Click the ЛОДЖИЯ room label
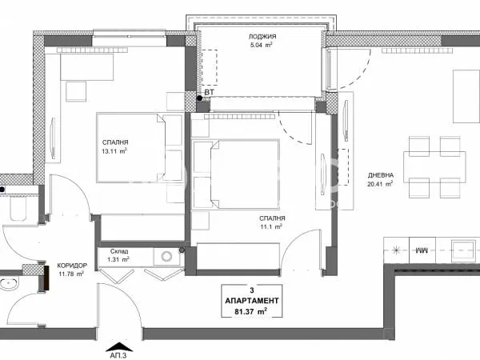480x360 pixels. [258, 37]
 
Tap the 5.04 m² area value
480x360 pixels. [258, 46]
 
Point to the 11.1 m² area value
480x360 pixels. [273, 228]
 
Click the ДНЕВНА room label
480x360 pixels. [379, 175]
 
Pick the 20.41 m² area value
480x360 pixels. [379, 185]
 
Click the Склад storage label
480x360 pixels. [118, 250]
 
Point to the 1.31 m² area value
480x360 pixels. [118, 260]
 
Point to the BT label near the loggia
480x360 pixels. [210, 93]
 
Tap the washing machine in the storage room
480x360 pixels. [168, 257]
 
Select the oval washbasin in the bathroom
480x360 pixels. [10, 284]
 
